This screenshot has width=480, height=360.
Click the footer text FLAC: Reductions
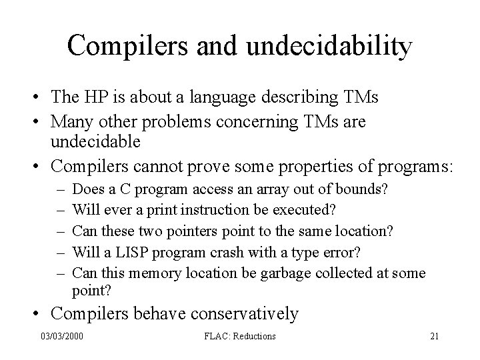click(241, 336)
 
